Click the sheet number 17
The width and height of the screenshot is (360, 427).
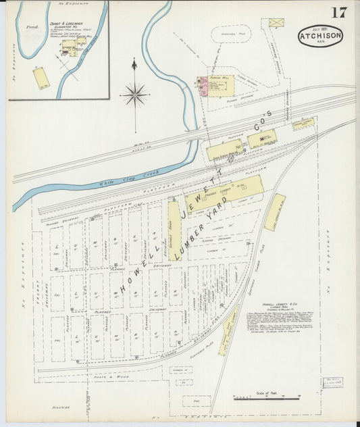pos(338,13)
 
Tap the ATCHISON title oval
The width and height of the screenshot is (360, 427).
pos(320,35)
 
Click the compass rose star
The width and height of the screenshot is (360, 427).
pos(135,94)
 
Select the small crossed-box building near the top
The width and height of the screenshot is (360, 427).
pos(276,22)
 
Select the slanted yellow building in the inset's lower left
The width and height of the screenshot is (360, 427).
pos(41,78)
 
